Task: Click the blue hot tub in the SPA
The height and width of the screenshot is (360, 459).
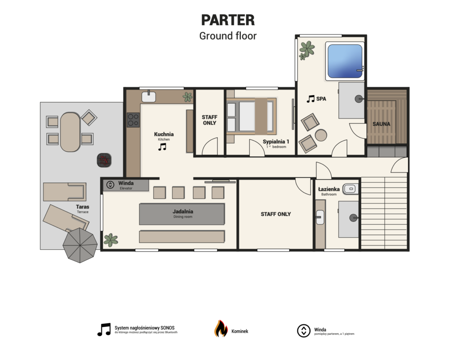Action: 345,61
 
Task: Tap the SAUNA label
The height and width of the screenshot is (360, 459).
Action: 381,124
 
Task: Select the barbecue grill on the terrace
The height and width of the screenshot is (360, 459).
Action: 104,160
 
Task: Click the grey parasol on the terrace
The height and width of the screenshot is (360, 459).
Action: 80,245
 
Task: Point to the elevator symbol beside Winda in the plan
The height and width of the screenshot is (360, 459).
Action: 110,185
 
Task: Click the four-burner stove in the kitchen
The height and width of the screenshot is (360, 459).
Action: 133,120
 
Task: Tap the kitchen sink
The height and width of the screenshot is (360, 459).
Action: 149,96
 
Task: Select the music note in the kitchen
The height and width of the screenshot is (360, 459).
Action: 162,147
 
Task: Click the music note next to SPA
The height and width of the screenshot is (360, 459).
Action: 311,99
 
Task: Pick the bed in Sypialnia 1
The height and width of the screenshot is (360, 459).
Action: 251,117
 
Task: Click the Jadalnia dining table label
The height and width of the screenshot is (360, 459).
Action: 183,211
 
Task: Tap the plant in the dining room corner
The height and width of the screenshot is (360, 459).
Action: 111,240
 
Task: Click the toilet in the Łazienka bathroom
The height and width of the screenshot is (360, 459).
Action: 351,189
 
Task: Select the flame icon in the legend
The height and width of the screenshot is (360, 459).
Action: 221,329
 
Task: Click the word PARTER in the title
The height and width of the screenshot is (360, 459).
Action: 228,20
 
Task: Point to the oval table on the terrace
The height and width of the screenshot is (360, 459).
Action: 70,132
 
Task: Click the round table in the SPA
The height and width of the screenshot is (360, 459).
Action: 321,135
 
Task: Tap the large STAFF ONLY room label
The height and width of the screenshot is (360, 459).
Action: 276,214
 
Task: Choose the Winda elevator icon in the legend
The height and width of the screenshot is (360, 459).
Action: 303,331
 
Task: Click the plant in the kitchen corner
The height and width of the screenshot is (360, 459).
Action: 187,97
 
